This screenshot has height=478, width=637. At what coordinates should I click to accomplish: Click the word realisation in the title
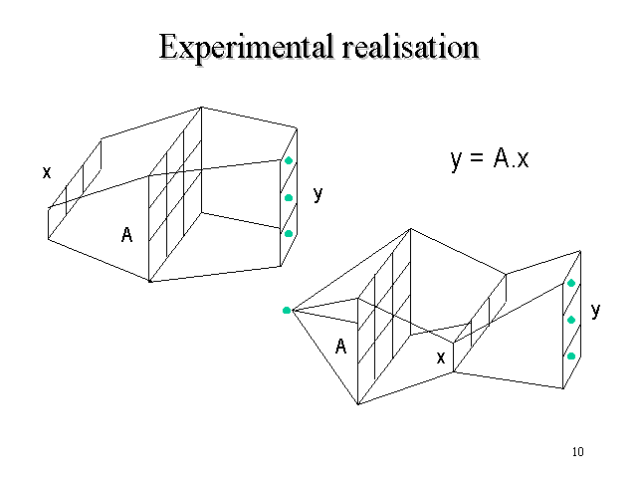(x=405, y=47)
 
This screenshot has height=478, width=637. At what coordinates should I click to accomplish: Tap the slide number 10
(x=578, y=452)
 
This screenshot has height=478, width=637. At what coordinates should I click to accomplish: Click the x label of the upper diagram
(x=46, y=172)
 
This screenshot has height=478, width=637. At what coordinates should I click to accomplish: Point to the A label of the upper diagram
(x=126, y=235)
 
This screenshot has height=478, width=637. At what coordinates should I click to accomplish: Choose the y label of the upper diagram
(x=318, y=194)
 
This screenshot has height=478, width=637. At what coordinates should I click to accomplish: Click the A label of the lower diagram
(x=340, y=347)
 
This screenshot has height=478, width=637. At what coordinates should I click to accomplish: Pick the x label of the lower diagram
(x=441, y=355)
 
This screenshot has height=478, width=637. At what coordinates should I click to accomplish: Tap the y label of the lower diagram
(x=595, y=311)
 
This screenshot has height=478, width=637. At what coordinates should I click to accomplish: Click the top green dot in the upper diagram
(x=289, y=161)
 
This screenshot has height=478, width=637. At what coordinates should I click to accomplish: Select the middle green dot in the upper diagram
(x=289, y=197)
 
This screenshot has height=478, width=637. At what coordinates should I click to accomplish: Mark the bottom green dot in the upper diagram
(x=289, y=233)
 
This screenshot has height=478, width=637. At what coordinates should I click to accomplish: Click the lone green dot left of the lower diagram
(x=287, y=311)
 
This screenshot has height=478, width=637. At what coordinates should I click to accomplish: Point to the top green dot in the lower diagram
(x=571, y=283)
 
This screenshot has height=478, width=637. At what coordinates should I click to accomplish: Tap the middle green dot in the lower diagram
(x=571, y=320)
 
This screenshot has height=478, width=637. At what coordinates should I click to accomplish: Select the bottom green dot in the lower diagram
(x=571, y=356)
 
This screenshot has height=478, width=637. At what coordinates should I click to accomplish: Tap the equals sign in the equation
(x=477, y=159)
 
